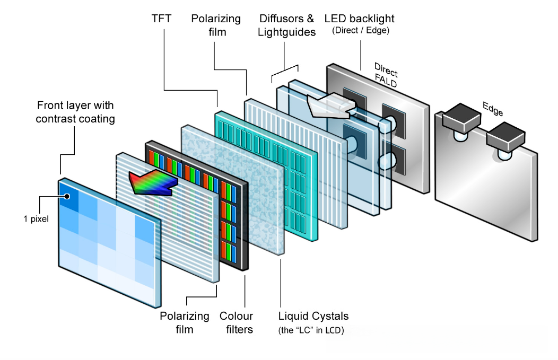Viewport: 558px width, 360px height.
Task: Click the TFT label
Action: click(x=161, y=19)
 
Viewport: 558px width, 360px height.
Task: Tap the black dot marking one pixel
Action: click(x=67, y=196)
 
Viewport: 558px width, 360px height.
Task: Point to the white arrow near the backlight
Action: click(x=331, y=106)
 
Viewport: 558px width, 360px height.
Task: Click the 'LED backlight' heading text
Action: click(x=359, y=19)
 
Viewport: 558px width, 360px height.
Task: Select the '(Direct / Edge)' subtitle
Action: click(x=361, y=30)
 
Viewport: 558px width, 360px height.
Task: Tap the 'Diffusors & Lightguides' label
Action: click(x=286, y=25)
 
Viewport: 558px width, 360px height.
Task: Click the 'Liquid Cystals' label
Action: click(x=313, y=316)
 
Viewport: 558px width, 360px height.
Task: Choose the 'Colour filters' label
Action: click(x=236, y=323)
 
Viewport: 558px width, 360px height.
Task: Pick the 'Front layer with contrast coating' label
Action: click(x=75, y=112)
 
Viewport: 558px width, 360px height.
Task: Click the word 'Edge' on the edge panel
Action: click(x=493, y=109)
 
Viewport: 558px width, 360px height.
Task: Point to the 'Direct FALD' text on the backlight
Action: click(x=386, y=75)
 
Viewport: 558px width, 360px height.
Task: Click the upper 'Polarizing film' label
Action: click(x=216, y=25)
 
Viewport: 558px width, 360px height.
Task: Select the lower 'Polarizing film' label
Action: click(x=185, y=323)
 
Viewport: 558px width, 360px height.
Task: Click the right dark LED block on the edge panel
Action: click(x=505, y=137)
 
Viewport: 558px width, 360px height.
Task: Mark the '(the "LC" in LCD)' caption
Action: click(x=311, y=330)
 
